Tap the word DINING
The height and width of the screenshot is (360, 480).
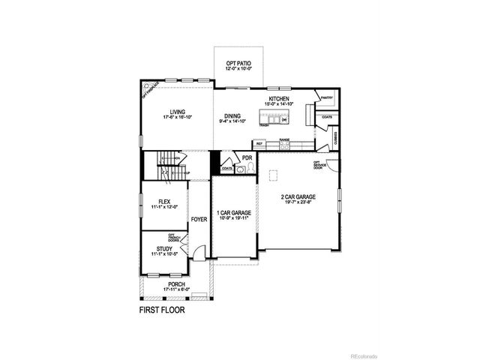coord(232,116)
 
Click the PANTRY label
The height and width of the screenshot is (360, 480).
coord(327,97)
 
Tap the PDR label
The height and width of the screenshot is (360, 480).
coord(247,157)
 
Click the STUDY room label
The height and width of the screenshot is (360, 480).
coord(164,248)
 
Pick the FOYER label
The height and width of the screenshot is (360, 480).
coord(199,220)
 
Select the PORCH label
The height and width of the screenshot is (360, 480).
coord(176,284)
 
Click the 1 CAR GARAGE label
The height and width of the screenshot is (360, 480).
coord(233,213)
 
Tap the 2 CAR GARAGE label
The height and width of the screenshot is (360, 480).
coord(298,197)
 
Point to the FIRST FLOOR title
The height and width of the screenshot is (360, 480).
coord(162,308)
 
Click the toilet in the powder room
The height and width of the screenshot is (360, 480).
coord(240,170)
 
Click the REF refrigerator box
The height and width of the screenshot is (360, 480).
coord(259,143)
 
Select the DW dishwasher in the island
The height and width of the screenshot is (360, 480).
coord(284,120)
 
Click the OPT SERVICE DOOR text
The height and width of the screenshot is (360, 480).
coord(318,164)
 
